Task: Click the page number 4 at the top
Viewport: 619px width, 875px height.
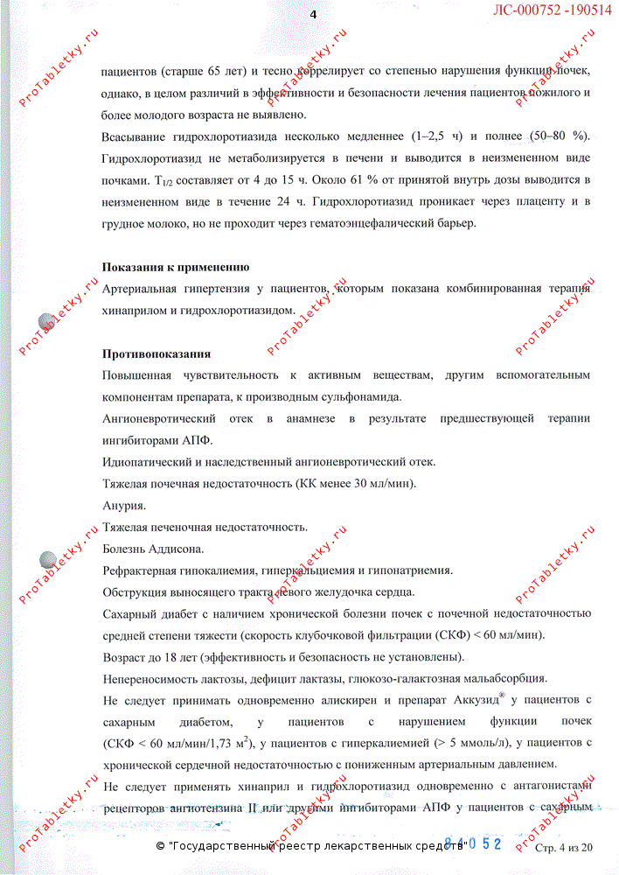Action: pyautogui.click(x=312, y=14)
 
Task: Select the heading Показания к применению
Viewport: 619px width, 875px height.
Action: pyautogui.click(x=176, y=267)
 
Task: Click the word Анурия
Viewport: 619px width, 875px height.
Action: pyautogui.click(x=124, y=506)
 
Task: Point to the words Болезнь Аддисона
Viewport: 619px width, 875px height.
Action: pyautogui.click(x=153, y=549)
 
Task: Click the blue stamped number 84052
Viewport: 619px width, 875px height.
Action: pyautogui.click(x=473, y=843)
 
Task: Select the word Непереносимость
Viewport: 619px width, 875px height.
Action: pyautogui.click(x=150, y=678)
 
